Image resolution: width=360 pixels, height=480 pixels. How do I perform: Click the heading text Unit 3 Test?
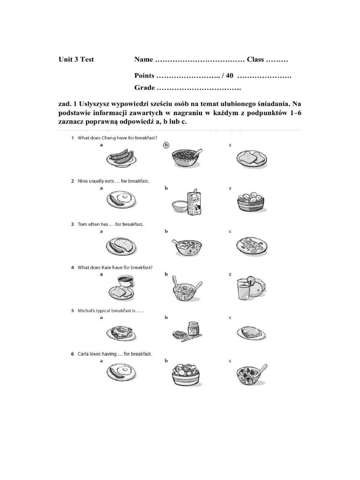[x=76, y=60]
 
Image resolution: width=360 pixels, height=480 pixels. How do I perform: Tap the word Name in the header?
[x=143, y=60]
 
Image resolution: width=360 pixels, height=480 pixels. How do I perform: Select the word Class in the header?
[x=256, y=60]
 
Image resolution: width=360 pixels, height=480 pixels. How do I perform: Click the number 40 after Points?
[x=229, y=75]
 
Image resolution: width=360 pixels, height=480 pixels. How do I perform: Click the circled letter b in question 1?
[x=166, y=145]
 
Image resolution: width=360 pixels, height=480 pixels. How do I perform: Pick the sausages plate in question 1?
[x=121, y=157]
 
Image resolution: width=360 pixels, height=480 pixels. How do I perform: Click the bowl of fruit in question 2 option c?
[x=251, y=202]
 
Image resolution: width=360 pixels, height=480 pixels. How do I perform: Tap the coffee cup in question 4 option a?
[x=125, y=281]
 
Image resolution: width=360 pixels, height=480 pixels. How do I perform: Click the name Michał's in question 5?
[x=87, y=310]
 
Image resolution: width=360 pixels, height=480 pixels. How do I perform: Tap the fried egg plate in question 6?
[x=121, y=374]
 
